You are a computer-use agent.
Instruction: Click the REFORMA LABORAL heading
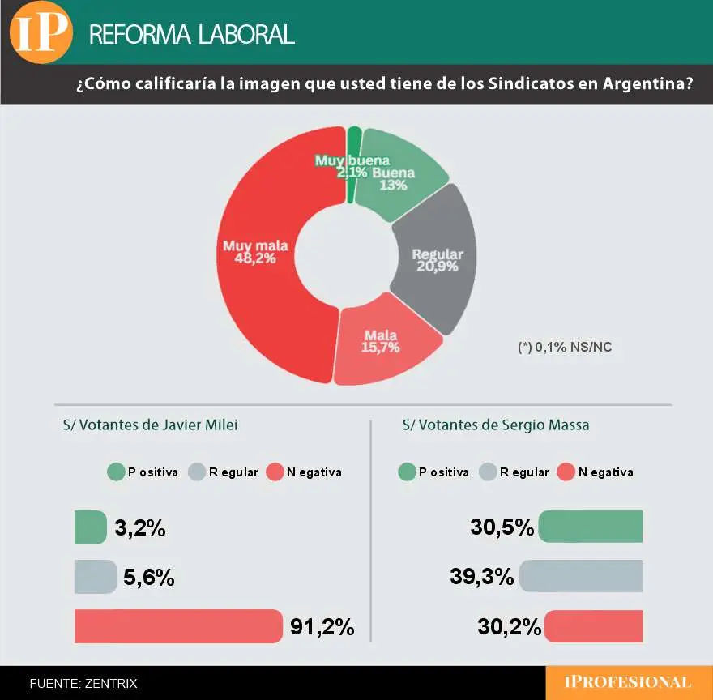pyautogui.click(x=191, y=34)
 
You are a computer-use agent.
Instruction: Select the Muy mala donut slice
pyautogui.click(x=259, y=267)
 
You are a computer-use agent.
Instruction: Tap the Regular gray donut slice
pyautogui.click(x=438, y=259)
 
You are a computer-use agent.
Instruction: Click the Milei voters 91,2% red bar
pyautogui.click(x=177, y=626)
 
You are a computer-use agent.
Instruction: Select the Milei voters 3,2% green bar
pyautogui.click(x=90, y=527)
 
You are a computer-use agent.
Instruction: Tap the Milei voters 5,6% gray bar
pyautogui.click(x=95, y=577)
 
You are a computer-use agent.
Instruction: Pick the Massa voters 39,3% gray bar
pyautogui.click(x=581, y=577)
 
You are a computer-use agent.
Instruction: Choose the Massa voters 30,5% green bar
pyautogui.click(x=591, y=527)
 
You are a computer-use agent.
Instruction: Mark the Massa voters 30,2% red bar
pyautogui.click(x=594, y=626)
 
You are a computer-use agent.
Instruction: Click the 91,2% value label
pyautogui.click(x=322, y=627)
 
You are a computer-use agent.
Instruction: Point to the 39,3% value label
pyautogui.click(x=481, y=578)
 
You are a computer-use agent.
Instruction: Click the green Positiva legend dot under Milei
pyautogui.click(x=115, y=472)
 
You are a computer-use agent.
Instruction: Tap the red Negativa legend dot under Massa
pyautogui.click(x=565, y=472)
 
